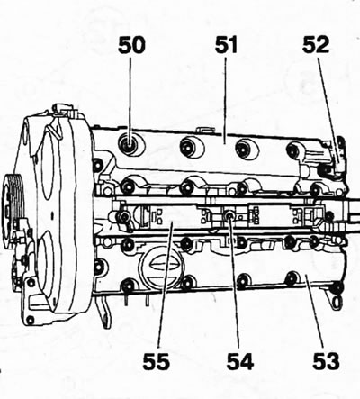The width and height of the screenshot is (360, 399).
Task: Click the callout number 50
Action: click(x=131, y=45)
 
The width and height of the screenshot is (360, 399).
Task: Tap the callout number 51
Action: click(x=226, y=45)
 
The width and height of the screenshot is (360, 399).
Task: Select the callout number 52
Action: click(x=316, y=45)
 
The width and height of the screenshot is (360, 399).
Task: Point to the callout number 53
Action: click(x=326, y=361)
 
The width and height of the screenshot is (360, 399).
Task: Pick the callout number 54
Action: click(x=240, y=361)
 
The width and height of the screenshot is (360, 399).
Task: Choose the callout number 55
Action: click(x=156, y=361)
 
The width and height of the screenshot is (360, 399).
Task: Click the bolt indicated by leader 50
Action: click(x=130, y=144)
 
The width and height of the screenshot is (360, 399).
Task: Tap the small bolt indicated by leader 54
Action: click(x=229, y=215)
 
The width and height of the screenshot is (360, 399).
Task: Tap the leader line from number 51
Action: click(x=225, y=97)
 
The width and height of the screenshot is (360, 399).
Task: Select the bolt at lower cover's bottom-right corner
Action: click(x=337, y=287)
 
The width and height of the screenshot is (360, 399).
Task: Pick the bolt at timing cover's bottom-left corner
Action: click(x=30, y=320)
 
